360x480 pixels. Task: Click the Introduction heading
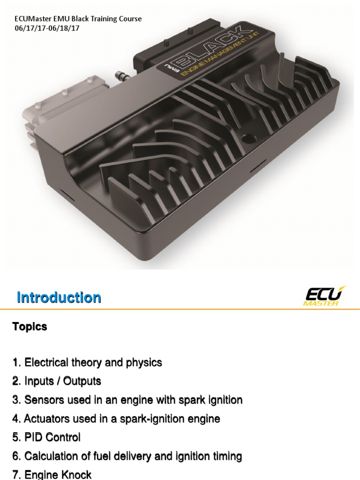click(59, 298)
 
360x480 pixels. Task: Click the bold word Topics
click(30, 327)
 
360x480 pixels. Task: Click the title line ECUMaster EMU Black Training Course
click(78, 19)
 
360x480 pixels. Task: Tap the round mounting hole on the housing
click(248, 139)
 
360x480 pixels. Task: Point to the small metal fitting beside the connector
click(121, 75)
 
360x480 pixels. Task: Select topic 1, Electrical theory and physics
click(87, 362)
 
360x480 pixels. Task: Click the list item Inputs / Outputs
click(57, 381)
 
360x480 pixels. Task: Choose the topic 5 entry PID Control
click(46, 437)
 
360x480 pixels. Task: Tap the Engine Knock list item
click(52, 474)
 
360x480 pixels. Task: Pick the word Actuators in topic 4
click(43, 419)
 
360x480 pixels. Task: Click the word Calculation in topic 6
click(47, 456)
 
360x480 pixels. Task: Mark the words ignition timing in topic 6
click(210, 456)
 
